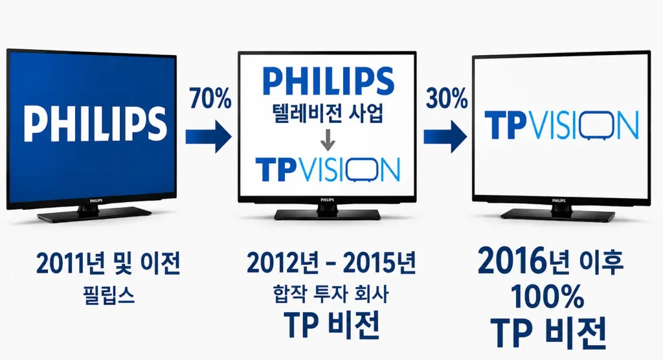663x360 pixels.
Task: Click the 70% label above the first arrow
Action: point(210,98)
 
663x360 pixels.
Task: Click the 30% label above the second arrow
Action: point(446,98)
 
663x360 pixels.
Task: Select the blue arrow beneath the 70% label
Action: point(208,137)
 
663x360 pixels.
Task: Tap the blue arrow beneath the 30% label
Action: point(445,137)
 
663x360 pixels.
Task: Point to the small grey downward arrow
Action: point(328,140)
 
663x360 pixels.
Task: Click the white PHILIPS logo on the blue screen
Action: point(95,123)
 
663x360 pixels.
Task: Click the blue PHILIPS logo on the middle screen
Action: point(328,81)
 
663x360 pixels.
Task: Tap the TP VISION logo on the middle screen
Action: point(328,170)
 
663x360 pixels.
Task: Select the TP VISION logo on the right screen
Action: point(561,125)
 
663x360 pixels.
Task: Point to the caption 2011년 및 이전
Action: point(108,263)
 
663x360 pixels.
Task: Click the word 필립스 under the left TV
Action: point(109,295)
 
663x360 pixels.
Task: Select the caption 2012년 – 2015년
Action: point(331,263)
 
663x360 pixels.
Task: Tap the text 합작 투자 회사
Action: point(331,293)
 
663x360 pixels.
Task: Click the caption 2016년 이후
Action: point(551,262)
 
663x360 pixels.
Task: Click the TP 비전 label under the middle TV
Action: point(332,325)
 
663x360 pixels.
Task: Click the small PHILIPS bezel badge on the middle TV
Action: point(327,199)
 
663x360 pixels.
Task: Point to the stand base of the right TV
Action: point(557,214)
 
